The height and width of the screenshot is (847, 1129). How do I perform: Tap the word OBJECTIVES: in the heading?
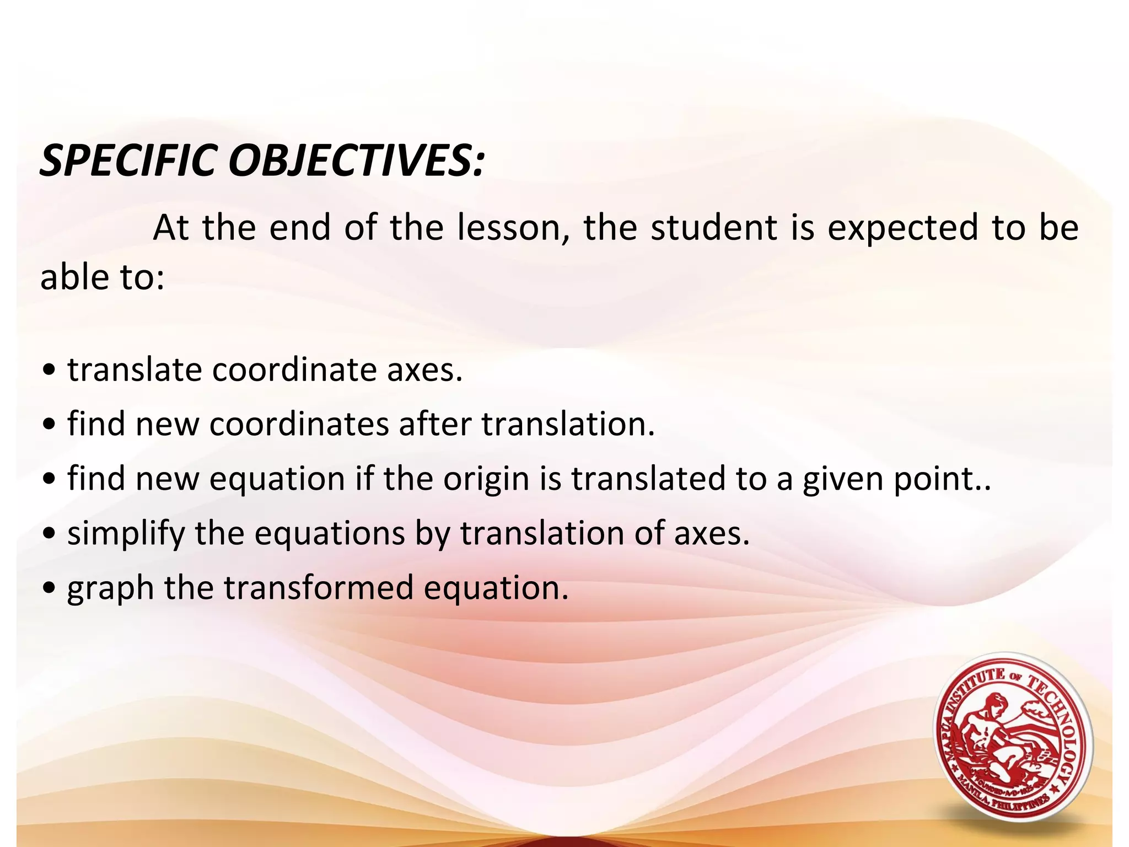tap(356, 161)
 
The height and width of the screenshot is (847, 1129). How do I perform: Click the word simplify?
tap(126, 534)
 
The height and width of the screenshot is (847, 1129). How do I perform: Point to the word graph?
tap(110, 588)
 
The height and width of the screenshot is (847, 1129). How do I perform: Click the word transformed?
tap(318, 588)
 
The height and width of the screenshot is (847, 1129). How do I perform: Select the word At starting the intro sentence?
tap(171, 228)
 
